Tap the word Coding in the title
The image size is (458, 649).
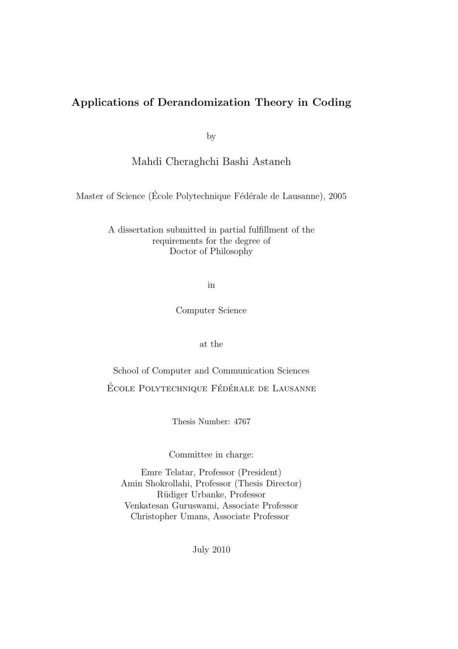point(332,103)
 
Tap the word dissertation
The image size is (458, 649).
point(141,230)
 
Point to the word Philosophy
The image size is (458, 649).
point(231,251)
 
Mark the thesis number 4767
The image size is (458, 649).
point(242,422)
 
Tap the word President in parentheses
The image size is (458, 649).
point(261,472)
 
